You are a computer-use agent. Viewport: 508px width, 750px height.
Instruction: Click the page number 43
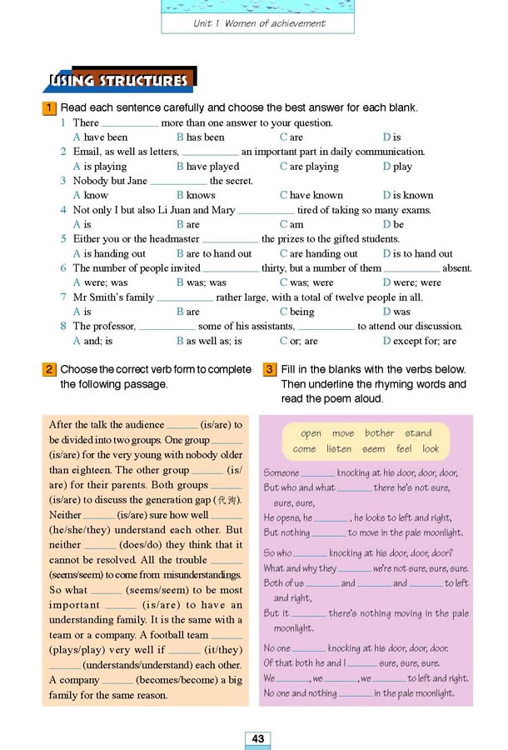[257, 738]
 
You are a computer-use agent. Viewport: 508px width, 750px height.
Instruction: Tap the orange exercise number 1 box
[50, 107]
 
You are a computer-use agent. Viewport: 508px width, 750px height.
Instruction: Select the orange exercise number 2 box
[50, 369]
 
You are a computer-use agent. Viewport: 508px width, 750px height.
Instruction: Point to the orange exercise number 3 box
[269, 369]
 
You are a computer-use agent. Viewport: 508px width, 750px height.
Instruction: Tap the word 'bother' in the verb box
[379, 433]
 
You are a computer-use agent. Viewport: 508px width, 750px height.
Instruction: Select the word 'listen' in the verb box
[339, 448]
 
